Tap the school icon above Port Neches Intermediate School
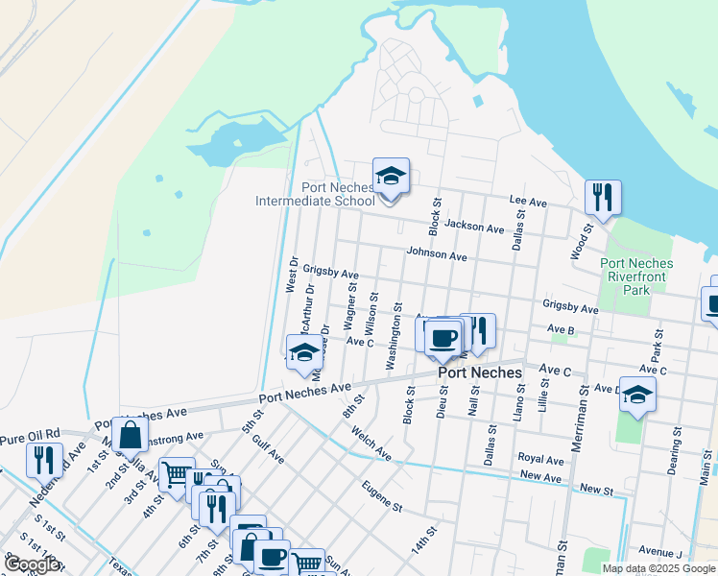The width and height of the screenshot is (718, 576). coord(391,177)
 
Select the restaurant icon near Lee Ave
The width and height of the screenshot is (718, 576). coord(602,199)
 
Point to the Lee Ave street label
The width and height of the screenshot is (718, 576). coord(528,204)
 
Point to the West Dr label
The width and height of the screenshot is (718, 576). coord(293,274)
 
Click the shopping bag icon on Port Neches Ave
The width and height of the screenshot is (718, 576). coord(130,436)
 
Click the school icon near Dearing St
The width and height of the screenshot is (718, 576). coord(637,396)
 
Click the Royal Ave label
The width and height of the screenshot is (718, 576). coord(540,460)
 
